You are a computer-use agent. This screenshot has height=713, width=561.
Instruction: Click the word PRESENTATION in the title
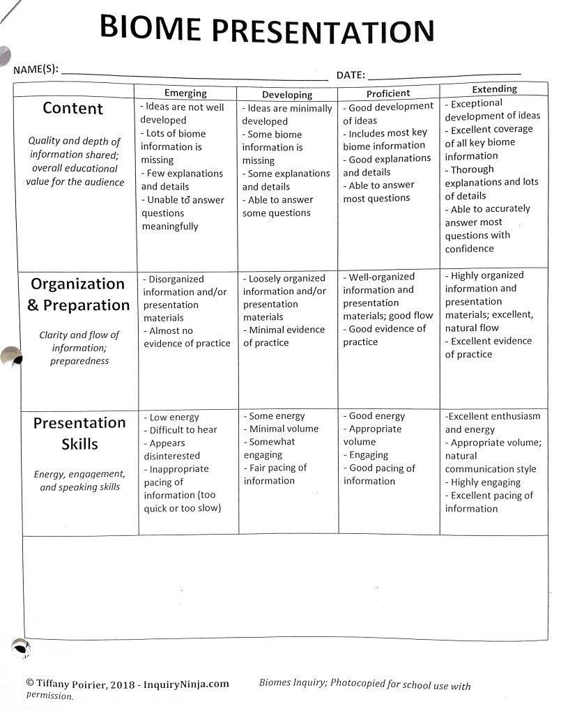coord(323,31)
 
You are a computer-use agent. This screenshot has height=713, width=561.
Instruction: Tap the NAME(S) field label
coord(36,70)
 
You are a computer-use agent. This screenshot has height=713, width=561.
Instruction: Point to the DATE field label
coord(351,75)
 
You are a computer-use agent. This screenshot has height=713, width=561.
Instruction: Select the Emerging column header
coord(185,93)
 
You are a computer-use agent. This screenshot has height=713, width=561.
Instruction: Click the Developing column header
coord(287,94)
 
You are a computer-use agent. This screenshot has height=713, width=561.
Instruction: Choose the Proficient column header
coord(388,93)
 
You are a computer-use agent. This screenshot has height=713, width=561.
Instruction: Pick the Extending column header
coord(494,89)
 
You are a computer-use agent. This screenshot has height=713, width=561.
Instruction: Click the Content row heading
coord(72,108)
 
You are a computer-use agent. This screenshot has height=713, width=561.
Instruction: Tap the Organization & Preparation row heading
coord(79,294)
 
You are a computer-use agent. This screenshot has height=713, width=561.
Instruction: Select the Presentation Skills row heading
coord(79,433)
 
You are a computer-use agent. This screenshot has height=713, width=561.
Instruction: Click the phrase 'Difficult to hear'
coord(183,430)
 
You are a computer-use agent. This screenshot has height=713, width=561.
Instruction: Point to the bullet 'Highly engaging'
coord(485,482)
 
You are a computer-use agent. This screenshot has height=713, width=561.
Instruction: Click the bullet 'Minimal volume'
coord(283,429)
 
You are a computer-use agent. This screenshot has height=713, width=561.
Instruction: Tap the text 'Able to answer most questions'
coord(378,192)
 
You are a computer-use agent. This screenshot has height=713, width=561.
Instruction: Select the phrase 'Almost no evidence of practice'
coord(186,337)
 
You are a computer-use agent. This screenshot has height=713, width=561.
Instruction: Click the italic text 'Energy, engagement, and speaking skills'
coord(79,480)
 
